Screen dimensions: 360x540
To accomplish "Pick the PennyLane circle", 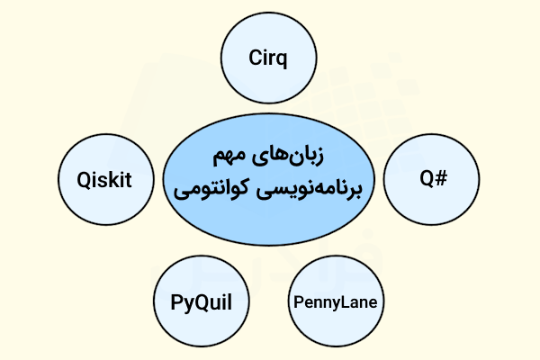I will point(335,301).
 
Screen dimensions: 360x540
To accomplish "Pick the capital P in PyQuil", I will point(176,301).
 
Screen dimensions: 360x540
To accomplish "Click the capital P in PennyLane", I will point(299,301).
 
